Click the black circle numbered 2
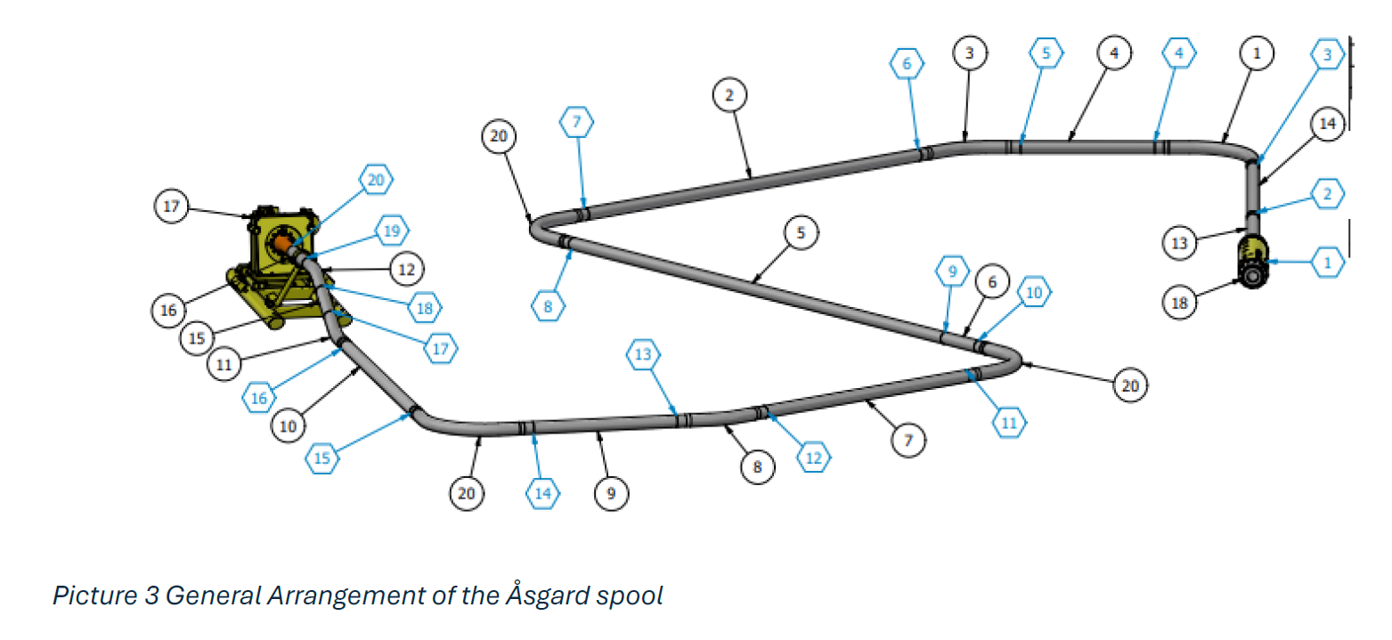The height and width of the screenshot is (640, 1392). (729, 94)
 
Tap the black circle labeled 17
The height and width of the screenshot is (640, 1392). (172, 207)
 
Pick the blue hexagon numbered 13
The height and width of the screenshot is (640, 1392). (644, 354)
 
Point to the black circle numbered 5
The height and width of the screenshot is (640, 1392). (801, 232)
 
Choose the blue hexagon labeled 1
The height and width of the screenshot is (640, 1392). (1327, 263)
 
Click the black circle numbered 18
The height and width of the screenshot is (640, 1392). (1180, 303)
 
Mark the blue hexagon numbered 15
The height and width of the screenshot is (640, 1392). (322, 459)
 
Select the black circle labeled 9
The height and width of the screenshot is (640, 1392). (611, 494)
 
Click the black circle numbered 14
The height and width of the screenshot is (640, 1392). (1327, 125)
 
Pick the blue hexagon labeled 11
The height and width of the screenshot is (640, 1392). (1009, 421)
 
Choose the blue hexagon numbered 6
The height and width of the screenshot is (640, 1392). (907, 62)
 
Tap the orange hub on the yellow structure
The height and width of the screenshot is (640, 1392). (282, 242)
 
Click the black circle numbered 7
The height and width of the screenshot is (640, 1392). (908, 440)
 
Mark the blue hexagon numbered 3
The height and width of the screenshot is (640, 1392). (1327, 54)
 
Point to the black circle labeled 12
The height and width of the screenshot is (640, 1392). (406, 268)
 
